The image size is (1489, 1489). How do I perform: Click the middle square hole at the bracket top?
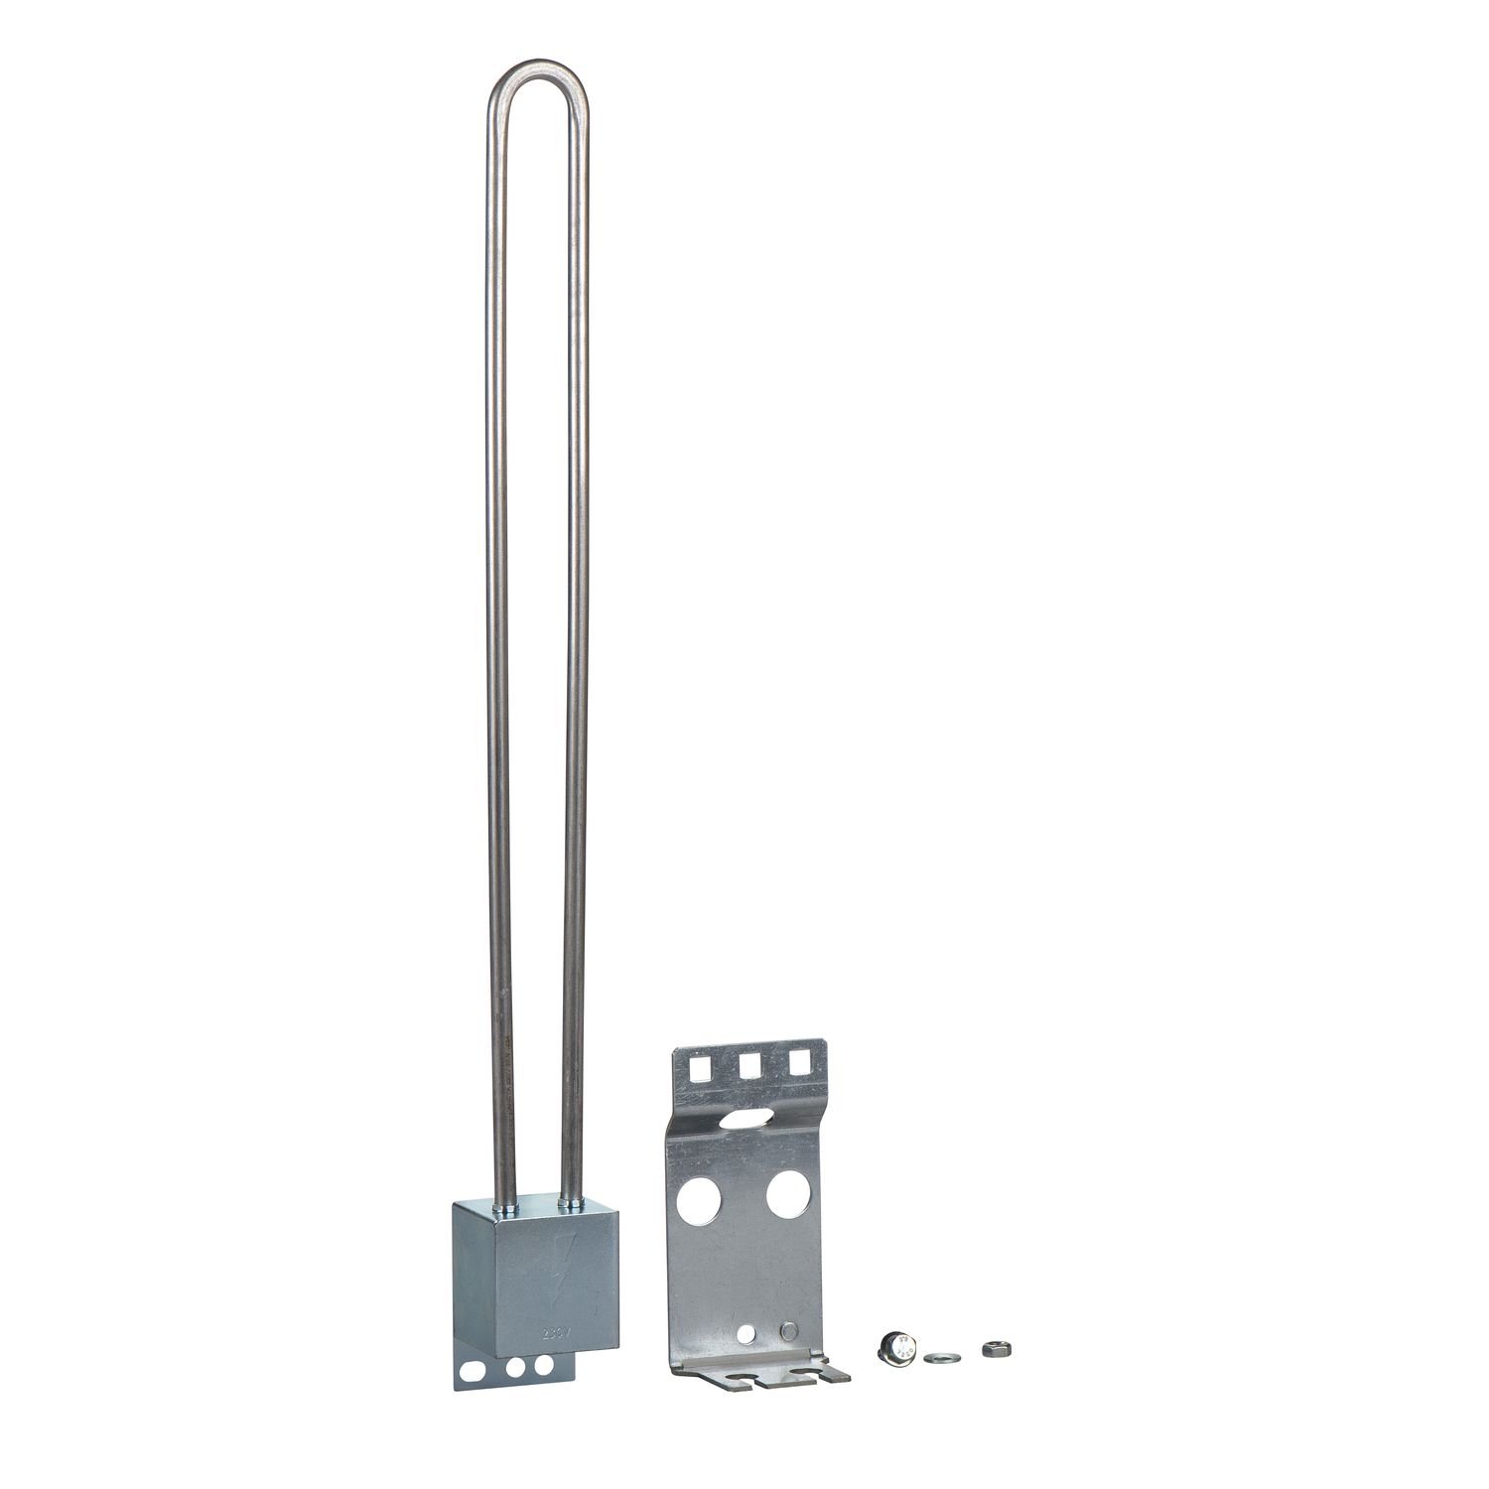749,1063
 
